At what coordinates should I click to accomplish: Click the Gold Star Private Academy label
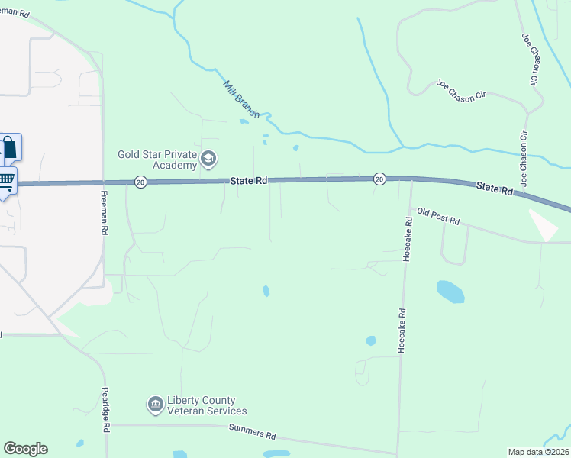(157, 159)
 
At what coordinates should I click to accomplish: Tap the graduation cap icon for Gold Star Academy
(208, 159)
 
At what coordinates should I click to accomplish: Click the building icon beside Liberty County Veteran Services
(156, 404)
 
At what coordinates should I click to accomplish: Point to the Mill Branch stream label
(241, 99)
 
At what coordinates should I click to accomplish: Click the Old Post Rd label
(437, 216)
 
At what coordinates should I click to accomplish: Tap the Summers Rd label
(252, 433)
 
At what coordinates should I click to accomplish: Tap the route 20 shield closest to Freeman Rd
(140, 182)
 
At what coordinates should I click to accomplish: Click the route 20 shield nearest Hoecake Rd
(379, 179)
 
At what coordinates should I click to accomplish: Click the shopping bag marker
(9, 147)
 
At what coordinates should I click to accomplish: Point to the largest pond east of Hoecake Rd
(450, 291)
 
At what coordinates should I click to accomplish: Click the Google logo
(25, 449)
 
